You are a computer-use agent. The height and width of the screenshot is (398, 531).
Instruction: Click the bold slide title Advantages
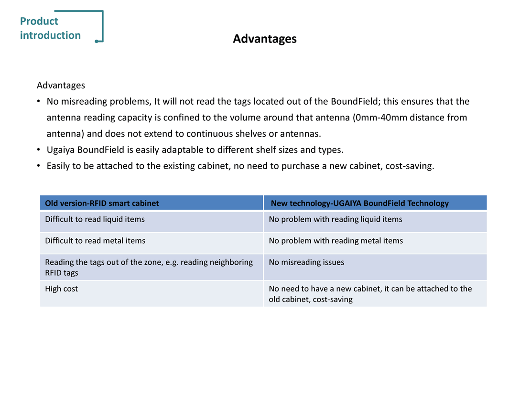click(x=264, y=39)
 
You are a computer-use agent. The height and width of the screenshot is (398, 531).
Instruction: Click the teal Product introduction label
click(x=50, y=28)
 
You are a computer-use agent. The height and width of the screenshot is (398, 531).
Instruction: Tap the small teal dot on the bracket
click(x=97, y=42)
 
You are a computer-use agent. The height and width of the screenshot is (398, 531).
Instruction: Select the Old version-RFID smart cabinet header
click(x=102, y=203)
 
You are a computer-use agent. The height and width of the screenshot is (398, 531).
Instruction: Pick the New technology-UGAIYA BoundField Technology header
click(x=359, y=203)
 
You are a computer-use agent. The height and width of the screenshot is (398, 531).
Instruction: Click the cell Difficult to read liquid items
click(x=95, y=219)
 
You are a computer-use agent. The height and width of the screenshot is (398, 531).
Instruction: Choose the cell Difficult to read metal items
click(x=95, y=241)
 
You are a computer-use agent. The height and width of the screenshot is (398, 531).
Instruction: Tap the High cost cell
click(x=61, y=289)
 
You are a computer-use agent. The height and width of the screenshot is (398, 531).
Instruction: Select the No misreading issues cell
click(x=306, y=262)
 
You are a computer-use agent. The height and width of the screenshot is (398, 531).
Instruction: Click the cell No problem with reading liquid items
click(x=336, y=219)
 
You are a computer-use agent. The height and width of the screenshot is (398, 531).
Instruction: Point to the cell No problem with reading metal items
click(x=336, y=241)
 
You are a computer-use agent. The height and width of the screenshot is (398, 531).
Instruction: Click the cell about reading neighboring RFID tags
click(x=148, y=267)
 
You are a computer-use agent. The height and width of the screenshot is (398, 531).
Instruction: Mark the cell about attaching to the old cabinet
click(x=370, y=294)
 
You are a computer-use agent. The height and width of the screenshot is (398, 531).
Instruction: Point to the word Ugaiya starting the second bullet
click(x=61, y=150)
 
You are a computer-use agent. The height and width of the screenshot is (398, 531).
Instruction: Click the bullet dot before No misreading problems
click(x=39, y=102)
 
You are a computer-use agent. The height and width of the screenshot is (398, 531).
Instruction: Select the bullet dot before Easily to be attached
click(x=39, y=166)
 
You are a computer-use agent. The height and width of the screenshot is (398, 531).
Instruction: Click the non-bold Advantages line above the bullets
click(x=61, y=86)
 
